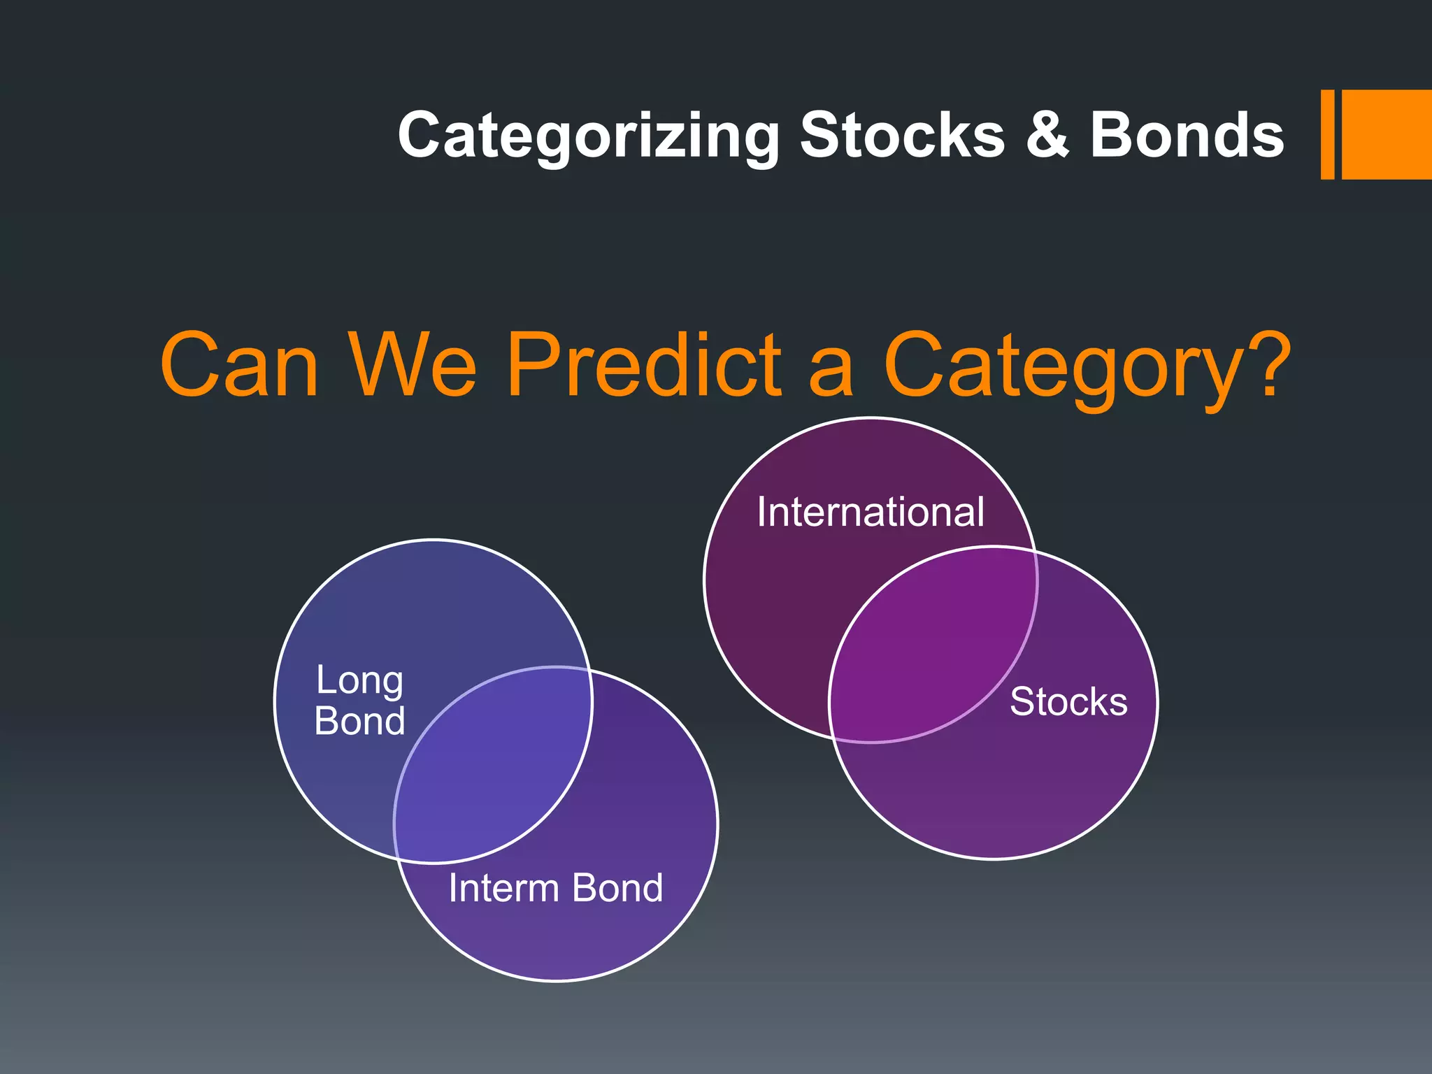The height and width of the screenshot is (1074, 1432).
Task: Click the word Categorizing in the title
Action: click(x=587, y=136)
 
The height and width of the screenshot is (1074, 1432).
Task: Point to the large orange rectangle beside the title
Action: click(x=1386, y=134)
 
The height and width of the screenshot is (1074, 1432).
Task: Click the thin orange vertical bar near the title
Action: click(x=1327, y=134)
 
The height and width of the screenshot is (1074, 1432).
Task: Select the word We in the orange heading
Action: click(x=413, y=365)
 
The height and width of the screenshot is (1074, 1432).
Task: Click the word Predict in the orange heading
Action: click(x=643, y=365)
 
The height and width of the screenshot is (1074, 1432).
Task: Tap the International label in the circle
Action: click(x=871, y=512)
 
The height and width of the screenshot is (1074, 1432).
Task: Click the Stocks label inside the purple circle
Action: click(x=1068, y=701)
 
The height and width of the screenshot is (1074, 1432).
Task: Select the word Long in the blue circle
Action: click(x=359, y=681)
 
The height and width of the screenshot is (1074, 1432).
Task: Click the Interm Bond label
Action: click(x=555, y=888)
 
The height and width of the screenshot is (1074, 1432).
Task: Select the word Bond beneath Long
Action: click(x=359, y=721)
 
